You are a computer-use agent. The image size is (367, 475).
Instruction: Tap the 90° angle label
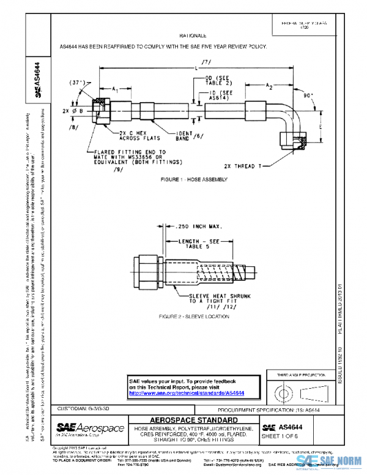tap(308, 95)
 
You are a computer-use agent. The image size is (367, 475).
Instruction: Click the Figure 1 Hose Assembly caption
tap(193, 179)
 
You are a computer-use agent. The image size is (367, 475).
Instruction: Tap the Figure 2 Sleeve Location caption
tap(193, 316)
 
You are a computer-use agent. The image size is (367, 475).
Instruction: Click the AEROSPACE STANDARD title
tap(193, 420)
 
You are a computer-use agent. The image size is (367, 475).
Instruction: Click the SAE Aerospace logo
tap(91, 428)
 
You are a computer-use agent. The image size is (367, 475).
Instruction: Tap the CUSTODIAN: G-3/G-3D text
tap(84, 408)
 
